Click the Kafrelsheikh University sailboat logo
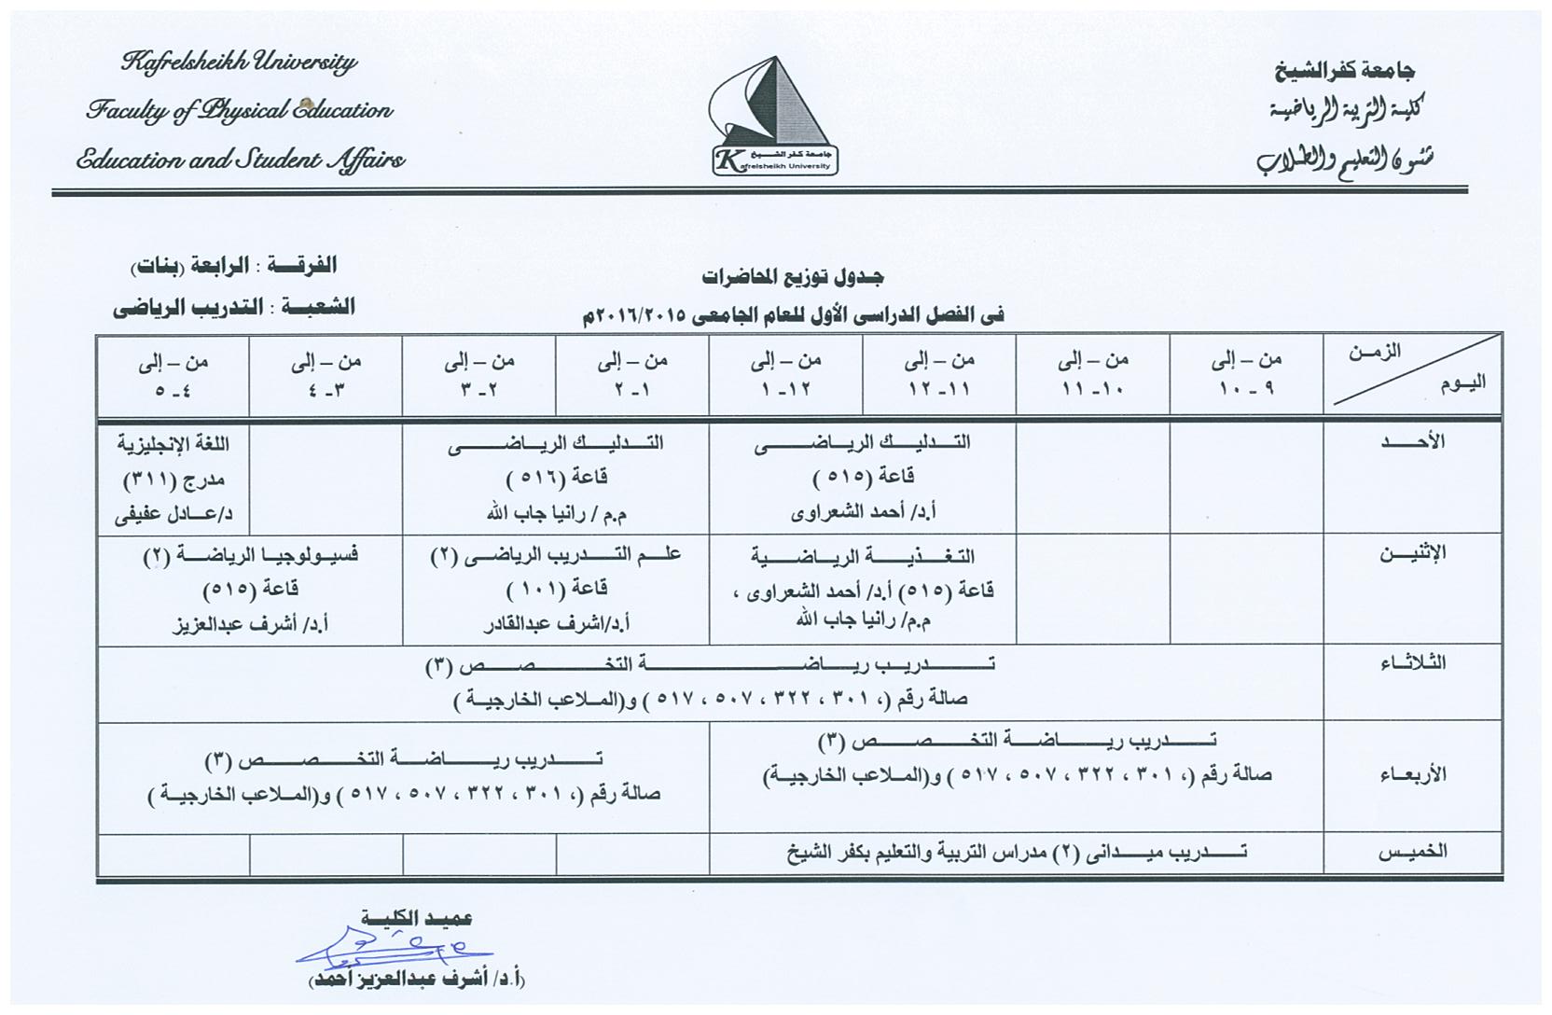point(773,115)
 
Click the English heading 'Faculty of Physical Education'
point(239,111)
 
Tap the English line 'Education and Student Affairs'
point(241,160)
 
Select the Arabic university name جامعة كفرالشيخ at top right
point(1345,70)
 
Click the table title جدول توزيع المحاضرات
point(792,277)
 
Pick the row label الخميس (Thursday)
point(1415,851)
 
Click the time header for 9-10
point(1246,375)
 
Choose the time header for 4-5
point(173,375)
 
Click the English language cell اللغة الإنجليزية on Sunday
point(173,443)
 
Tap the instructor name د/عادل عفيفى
point(173,513)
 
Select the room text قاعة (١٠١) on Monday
point(557,590)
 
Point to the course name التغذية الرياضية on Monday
point(863,556)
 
